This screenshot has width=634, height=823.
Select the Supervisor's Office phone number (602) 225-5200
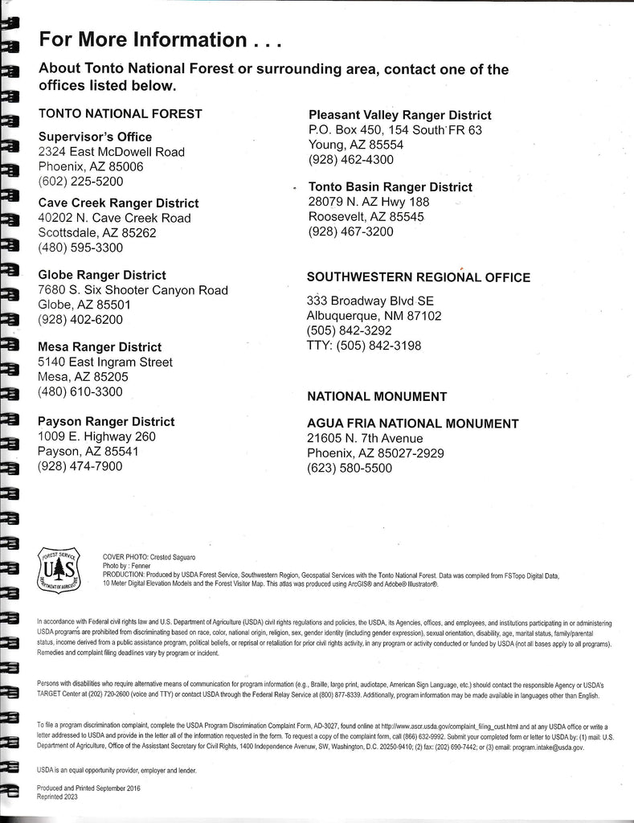point(81,182)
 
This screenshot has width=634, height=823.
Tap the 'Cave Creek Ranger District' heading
point(119,203)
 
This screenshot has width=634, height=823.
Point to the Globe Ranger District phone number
point(80,319)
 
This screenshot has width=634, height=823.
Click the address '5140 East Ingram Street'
point(105,362)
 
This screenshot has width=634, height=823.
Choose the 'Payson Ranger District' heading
point(106,421)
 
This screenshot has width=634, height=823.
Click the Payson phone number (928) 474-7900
point(80,466)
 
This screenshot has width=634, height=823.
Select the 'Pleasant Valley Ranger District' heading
point(400,115)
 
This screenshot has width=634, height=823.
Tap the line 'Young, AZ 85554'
point(356,145)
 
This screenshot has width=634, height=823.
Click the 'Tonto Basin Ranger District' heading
point(391,187)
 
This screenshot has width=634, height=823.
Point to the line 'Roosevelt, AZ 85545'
point(366,217)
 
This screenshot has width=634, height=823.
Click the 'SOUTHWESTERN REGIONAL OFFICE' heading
point(419,277)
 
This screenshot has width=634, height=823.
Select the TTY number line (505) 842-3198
point(364,346)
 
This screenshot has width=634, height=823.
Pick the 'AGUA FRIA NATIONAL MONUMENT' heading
point(413,424)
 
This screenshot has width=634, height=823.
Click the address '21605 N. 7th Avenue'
point(365,438)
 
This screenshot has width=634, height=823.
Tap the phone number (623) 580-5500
point(350,468)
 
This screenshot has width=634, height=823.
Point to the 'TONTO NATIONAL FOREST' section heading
point(121,114)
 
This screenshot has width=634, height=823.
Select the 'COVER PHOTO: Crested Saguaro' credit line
point(149,557)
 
